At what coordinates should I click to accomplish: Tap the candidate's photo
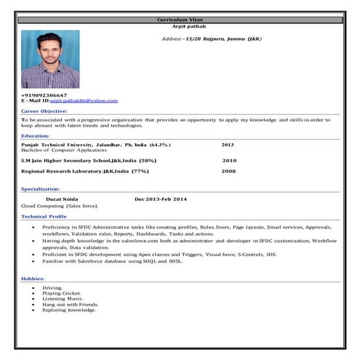pos(50,59)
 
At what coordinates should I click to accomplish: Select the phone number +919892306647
pos(44,95)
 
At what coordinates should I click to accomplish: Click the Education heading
pos(36,136)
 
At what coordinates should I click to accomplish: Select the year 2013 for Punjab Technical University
pos(228,145)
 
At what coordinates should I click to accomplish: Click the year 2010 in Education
pos(229,160)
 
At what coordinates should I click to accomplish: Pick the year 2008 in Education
pos(228,171)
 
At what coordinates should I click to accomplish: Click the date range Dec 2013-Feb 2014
pos(161,199)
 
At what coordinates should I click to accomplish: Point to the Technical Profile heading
pos(44,216)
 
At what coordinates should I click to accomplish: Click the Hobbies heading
pos(33,279)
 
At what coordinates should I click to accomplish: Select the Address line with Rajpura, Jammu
pos(212,37)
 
